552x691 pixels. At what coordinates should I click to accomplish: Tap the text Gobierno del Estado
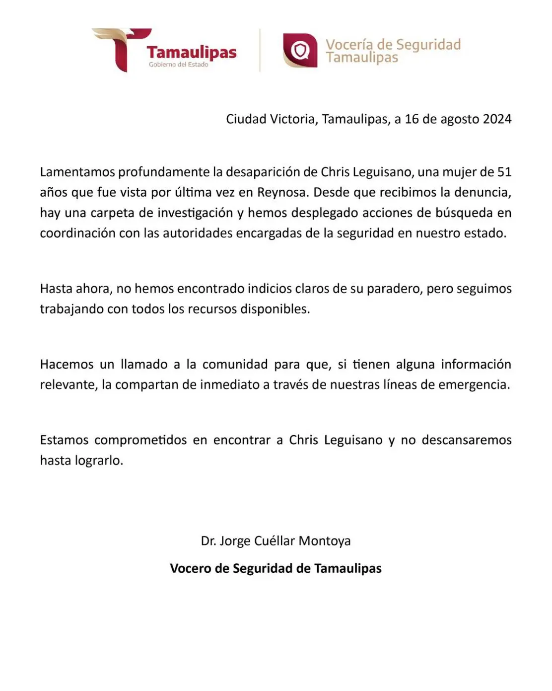click(178, 65)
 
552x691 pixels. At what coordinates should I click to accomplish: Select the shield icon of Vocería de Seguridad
click(300, 51)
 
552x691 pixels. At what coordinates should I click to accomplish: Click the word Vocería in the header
click(349, 45)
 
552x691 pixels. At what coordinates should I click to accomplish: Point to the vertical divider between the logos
click(260, 50)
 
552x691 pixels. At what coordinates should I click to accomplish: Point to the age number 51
click(504, 172)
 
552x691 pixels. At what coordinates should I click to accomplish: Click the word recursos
click(212, 309)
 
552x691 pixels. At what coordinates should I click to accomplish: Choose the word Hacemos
click(67, 365)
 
